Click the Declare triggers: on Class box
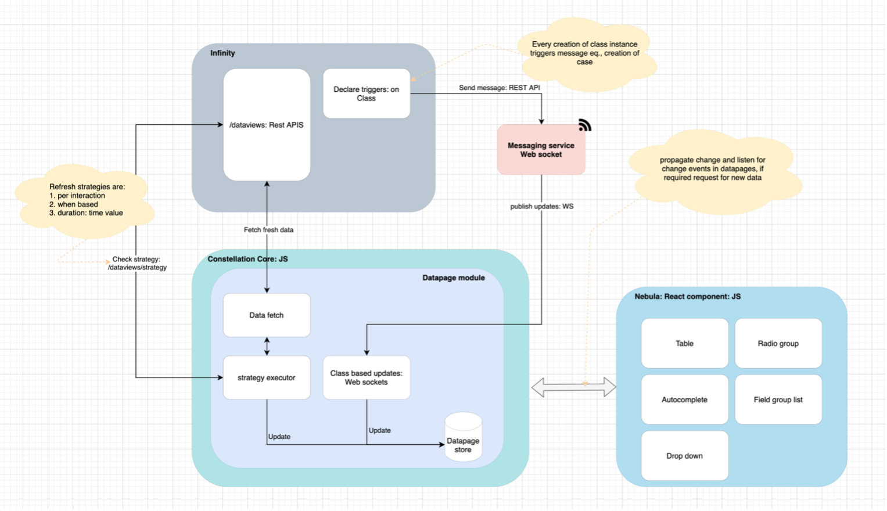(366, 93)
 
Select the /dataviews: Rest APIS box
(267, 125)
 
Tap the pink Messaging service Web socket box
(541, 150)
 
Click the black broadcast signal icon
(584, 125)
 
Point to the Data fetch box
(267, 315)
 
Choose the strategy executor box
(267, 377)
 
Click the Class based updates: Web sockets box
(366, 377)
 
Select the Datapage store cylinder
(463, 438)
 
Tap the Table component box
(684, 343)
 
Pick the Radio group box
(778, 343)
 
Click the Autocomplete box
(684, 400)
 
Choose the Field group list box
(778, 400)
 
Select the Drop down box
(684, 456)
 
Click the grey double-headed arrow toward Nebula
(573, 387)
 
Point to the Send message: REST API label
(499, 88)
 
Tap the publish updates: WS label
(541, 206)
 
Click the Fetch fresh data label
(268, 230)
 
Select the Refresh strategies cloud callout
(86, 200)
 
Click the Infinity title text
(222, 53)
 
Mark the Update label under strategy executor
(279, 437)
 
